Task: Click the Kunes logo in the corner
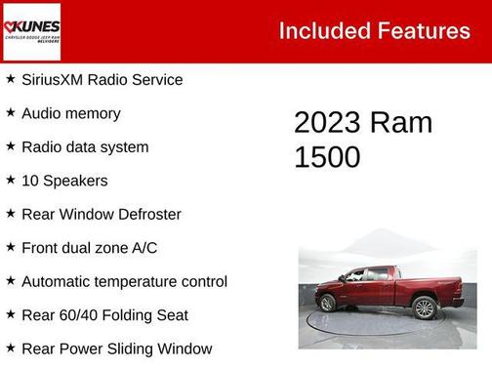32,31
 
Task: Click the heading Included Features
374,30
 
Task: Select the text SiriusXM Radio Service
102,80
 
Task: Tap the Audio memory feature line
70,113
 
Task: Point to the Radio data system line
85,147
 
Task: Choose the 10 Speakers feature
64,181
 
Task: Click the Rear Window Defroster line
101,215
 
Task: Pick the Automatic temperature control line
124,282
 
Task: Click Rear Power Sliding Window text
116,348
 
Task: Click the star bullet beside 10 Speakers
11,180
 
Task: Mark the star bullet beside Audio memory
11,112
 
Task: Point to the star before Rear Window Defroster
11,214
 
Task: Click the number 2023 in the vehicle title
327,123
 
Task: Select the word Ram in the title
400,123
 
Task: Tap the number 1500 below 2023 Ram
327,157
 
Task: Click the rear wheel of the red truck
425,307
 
